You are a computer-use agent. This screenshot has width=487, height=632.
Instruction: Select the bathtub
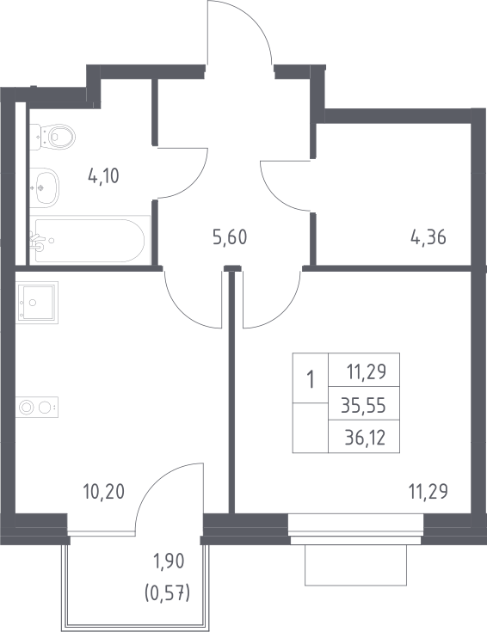point(89,241)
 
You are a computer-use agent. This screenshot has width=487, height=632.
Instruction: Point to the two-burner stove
point(37,407)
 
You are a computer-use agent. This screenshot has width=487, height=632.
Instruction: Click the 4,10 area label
point(103,176)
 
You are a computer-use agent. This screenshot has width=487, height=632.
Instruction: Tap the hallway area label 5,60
point(230,237)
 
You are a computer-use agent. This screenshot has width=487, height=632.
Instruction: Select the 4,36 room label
point(428,237)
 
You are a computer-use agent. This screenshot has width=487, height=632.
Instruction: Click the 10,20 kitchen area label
point(104,492)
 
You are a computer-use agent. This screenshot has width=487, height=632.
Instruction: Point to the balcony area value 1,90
point(168,561)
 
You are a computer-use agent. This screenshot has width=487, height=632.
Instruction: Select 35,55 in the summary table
point(364,405)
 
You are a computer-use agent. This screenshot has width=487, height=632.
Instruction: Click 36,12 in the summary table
point(365,438)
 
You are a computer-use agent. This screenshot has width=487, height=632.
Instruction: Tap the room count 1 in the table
point(311,380)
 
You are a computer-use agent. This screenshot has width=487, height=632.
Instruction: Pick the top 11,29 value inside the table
point(367,371)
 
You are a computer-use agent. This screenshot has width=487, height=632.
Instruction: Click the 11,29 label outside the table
point(428,492)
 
